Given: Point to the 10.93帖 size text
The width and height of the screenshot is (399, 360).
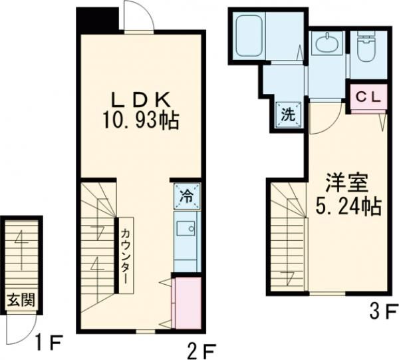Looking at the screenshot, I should [x=140, y=121].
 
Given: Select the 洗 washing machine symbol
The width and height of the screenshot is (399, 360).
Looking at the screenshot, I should [x=289, y=114].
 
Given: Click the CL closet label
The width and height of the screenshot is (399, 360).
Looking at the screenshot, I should [x=366, y=96].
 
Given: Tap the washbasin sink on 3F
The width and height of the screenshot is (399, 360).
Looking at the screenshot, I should [x=327, y=45].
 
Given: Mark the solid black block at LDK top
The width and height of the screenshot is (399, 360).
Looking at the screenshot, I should [x=98, y=19].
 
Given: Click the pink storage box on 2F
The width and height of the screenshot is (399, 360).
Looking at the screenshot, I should [x=187, y=303].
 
